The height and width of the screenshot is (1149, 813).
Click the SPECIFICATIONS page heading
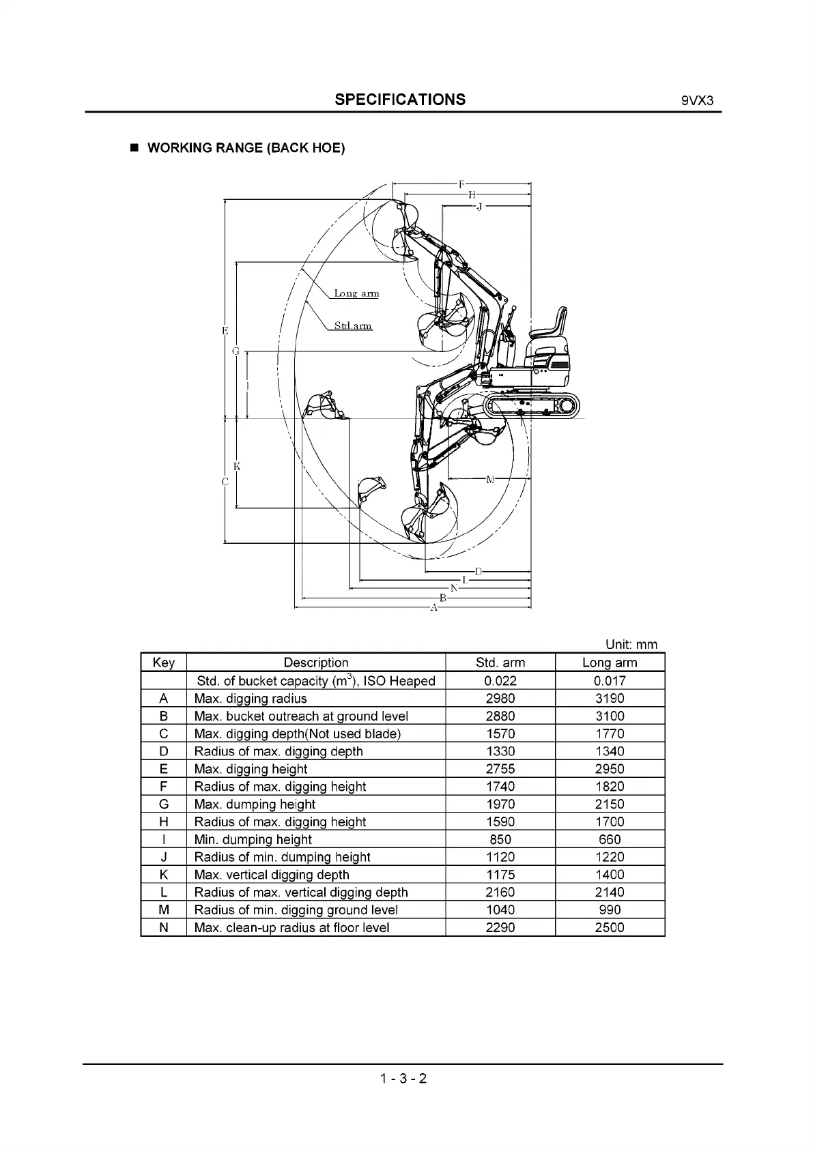[x=400, y=100]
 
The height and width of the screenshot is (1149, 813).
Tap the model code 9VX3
[x=697, y=101]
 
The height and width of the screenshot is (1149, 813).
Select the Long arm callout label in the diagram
[x=356, y=293]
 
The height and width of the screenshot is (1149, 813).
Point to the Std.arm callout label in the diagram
[x=353, y=325]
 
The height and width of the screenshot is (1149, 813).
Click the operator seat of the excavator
[x=551, y=327]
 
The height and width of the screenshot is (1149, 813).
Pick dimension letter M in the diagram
[x=489, y=480]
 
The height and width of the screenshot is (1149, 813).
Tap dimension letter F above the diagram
[x=461, y=184]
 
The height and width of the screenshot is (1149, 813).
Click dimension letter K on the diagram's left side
[x=237, y=467]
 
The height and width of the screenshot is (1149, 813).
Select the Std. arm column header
[x=500, y=663]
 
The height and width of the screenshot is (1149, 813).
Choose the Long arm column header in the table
[x=610, y=663]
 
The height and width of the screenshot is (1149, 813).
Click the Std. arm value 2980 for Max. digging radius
[x=500, y=699]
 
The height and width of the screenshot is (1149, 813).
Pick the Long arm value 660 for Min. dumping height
[x=610, y=840]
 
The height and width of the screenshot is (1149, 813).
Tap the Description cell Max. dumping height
[x=255, y=804]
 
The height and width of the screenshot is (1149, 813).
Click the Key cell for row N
[x=163, y=928]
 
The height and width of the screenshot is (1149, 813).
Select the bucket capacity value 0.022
[x=500, y=681]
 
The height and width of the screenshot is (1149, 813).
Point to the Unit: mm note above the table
[x=631, y=645]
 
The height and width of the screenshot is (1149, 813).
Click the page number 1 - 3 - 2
[x=404, y=1079]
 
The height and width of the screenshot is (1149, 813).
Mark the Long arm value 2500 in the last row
[x=610, y=928]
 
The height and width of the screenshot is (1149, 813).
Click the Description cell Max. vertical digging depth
[x=272, y=875]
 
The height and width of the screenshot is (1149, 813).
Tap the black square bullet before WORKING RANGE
[x=134, y=148]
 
